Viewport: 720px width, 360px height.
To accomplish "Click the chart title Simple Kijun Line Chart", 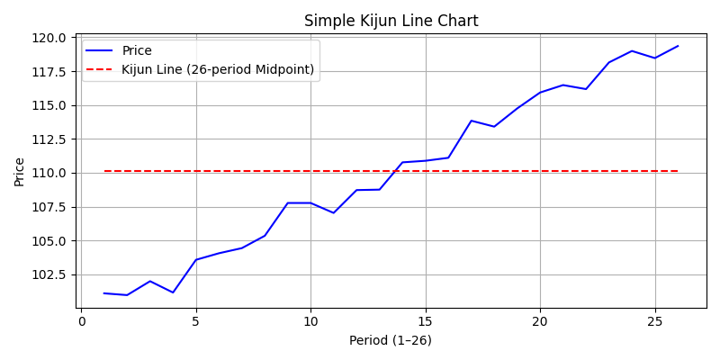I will tap(391, 21).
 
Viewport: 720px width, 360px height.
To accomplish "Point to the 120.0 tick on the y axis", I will tap(51, 38).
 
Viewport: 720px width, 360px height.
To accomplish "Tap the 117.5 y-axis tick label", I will tap(51, 71).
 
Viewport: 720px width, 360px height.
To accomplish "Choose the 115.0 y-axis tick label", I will tap(51, 105).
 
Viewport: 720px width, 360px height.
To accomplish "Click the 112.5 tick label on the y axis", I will tap(51, 139).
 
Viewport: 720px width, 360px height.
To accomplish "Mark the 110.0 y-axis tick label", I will tap(51, 173).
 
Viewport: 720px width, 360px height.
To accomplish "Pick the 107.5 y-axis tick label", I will tap(51, 207).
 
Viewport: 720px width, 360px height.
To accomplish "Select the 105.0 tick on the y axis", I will tap(51, 241).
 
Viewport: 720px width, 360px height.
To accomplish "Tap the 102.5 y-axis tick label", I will tap(51, 274).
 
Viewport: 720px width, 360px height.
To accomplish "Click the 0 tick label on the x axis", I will tap(82, 321).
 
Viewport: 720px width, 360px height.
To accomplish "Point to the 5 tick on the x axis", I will tap(196, 321).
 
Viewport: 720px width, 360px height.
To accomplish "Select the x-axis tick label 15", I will tap(426, 321).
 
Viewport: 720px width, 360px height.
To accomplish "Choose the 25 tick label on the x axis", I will tap(654, 321).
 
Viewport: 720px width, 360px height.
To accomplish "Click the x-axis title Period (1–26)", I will tap(391, 340).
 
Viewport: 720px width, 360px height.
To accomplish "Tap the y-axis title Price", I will tap(20, 171).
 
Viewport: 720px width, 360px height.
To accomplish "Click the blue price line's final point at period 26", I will tap(678, 46).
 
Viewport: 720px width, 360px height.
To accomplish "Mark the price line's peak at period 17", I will tap(471, 121).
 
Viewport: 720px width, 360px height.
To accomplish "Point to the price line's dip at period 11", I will tap(334, 212).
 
